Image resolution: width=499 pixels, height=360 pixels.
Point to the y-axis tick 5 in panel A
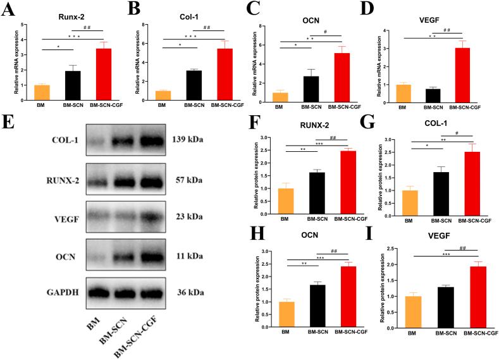(23, 25)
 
